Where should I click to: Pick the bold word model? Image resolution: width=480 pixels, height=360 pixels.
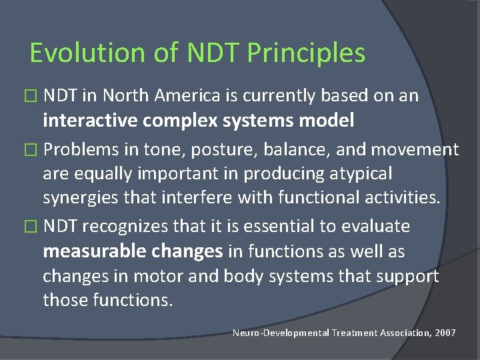click(x=327, y=121)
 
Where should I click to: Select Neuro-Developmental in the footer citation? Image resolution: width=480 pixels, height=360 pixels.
click(x=281, y=332)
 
